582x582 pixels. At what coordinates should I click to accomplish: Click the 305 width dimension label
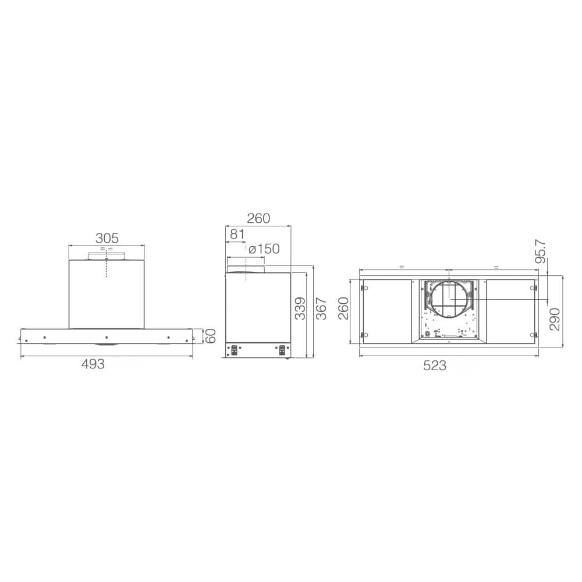click(107, 237)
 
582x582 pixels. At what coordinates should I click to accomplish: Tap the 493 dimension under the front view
click(93, 364)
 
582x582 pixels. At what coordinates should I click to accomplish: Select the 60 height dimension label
click(211, 336)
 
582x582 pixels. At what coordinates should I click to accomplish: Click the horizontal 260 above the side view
click(258, 218)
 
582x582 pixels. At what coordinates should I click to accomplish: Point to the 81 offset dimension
click(237, 234)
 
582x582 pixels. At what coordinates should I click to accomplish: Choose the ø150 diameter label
click(264, 249)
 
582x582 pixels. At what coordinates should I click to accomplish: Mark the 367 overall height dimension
click(321, 308)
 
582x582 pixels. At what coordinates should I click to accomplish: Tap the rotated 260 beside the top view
click(343, 308)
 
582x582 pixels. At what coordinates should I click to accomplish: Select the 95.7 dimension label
click(541, 251)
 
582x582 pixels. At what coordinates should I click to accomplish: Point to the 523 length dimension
click(435, 365)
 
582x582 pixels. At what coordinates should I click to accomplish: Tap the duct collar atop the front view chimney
click(107, 256)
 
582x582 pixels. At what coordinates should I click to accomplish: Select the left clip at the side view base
click(235, 350)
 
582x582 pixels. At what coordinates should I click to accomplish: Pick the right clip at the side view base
click(283, 350)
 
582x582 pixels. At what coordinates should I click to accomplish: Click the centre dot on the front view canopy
click(107, 337)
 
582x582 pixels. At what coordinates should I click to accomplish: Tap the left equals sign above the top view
click(402, 266)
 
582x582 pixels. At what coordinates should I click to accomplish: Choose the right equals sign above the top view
click(496, 266)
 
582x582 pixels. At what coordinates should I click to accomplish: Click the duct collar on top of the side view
click(246, 269)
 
